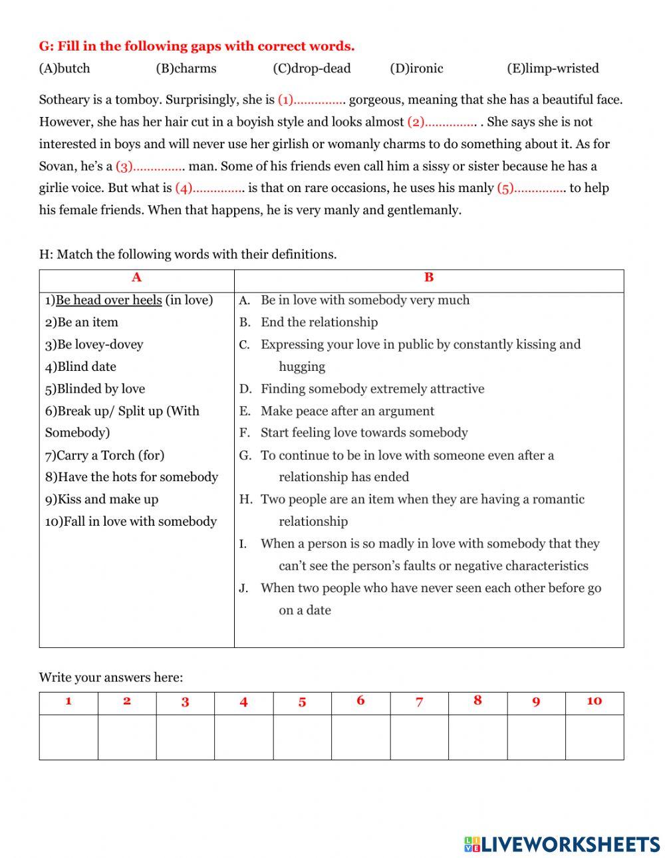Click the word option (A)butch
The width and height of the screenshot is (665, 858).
point(65,68)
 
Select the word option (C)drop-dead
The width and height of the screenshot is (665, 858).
point(311,68)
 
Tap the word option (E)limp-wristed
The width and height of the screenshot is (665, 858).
point(553,68)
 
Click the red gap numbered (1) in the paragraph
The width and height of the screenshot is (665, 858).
point(311,100)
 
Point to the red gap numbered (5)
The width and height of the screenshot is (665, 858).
point(531,189)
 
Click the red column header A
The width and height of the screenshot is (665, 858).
point(136,278)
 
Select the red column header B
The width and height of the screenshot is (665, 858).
point(429,278)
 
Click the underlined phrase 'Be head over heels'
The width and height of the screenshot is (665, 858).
point(109,300)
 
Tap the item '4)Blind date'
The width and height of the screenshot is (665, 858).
point(80,367)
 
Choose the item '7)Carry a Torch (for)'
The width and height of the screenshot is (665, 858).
point(104,455)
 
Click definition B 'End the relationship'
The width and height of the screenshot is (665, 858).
point(319,322)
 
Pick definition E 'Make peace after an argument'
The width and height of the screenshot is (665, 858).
point(347,411)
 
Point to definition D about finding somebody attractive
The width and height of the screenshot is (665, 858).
point(372,389)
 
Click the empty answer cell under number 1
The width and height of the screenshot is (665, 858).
point(68,737)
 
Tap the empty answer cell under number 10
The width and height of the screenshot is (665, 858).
point(595,737)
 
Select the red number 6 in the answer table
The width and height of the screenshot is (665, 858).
point(360,701)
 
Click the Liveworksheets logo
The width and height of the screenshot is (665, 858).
point(561,844)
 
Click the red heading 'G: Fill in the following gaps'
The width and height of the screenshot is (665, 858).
point(197,47)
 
